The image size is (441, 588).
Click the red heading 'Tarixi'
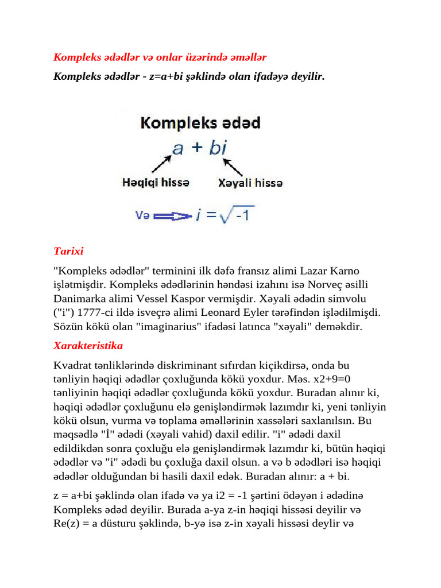68,252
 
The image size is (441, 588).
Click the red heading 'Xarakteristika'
88,346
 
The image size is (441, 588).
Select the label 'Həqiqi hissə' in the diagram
156,183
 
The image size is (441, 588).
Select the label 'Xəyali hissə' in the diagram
250,183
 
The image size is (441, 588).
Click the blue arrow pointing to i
172,216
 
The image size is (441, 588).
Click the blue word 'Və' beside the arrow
142,216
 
